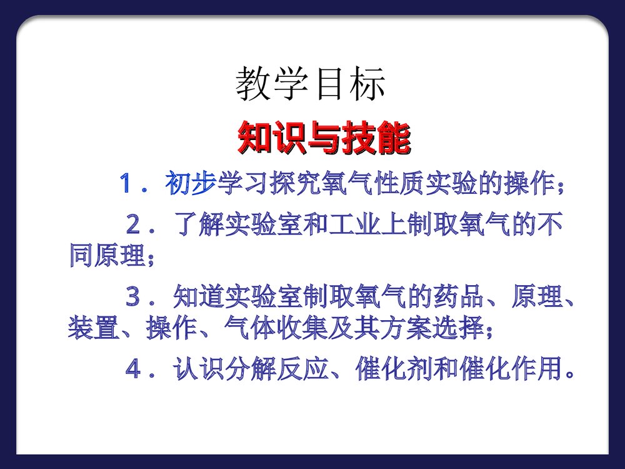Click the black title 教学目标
point(310,85)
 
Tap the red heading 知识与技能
point(324,139)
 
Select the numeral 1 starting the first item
point(128,184)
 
